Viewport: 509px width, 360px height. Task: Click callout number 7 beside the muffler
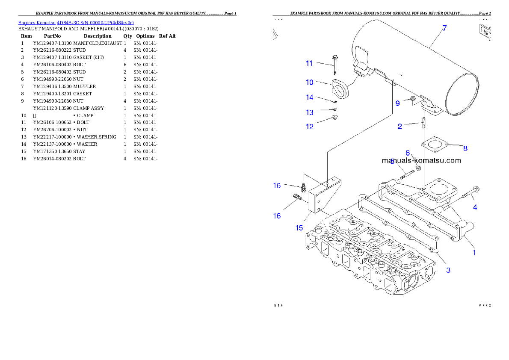point(444,28)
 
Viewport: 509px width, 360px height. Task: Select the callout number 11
point(309,63)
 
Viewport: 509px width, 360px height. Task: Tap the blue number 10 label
point(309,82)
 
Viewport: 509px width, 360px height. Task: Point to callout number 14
point(309,97)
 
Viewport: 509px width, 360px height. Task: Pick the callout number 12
point(309,127)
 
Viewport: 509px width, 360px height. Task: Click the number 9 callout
point(397,103)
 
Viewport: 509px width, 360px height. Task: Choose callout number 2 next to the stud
point(400,126)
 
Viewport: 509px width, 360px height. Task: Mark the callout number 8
point(465,148)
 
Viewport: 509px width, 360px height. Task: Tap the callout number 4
point(475,207)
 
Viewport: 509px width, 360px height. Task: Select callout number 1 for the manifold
point(474,252)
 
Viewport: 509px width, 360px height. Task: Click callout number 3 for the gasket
point(448,270)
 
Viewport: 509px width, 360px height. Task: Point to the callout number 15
point(299,227)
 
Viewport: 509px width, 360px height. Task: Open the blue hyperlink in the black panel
point(76,22)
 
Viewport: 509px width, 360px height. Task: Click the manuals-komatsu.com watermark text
point(421,161)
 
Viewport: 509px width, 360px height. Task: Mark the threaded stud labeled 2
point(423,122)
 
